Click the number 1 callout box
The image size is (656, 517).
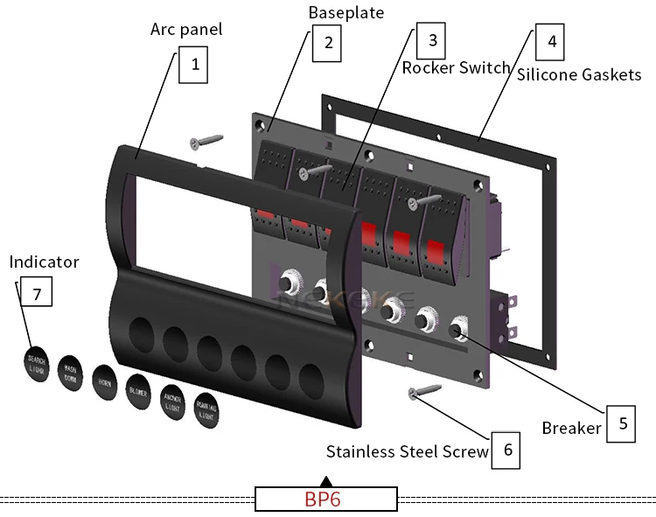(x=193, y=65)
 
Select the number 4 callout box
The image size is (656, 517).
(x=549, y=41)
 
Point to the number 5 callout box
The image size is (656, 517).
(x=622, y=423)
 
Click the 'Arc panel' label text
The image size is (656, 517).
(x=186, y=29)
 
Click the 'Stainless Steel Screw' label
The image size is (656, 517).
(x=407, y=451)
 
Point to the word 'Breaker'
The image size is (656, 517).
(x=571, y=428)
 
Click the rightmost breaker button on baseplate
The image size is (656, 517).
(x=457, y=332)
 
